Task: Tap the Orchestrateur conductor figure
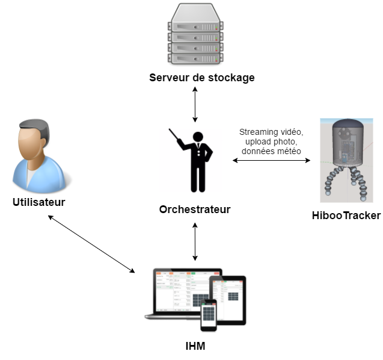click(195, 160)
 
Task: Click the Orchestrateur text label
click(195, 209)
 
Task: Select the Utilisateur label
click(38, 202)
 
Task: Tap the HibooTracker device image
click(346, 160)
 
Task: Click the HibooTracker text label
click(346, 215)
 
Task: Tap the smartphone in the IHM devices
click(208, 314)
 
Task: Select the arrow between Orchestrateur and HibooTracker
click(271, 161)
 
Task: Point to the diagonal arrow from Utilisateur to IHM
click(91, 244)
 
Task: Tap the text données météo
click(271, 151)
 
